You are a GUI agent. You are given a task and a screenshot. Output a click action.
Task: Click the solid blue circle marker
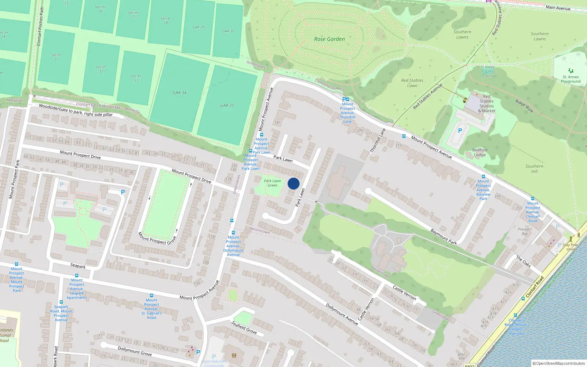pos(293,183)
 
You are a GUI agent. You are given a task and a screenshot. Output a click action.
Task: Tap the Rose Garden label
pos(329,39)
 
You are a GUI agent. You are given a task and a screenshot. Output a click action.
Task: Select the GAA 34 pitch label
pos(179,92)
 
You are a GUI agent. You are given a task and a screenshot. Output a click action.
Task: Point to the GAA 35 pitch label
pos(227,105)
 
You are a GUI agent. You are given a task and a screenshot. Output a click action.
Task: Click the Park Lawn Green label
pos(272,183)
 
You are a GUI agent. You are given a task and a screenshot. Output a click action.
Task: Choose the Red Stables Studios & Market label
pos(486,103)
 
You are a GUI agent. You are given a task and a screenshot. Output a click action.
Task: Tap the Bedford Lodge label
pos(480,152)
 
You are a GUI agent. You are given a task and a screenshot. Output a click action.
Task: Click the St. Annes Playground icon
pos(570,70)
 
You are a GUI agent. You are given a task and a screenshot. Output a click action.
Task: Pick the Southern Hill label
pos(534,168)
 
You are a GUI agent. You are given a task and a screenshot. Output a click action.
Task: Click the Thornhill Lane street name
pos(378,141)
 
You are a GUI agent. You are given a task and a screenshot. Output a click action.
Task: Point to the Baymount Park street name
pos(444,236)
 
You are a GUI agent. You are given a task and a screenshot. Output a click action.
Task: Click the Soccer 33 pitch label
pos(136,78)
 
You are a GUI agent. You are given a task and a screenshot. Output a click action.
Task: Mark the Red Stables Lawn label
pos(412,83)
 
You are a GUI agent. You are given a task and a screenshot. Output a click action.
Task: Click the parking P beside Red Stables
pos(460,131)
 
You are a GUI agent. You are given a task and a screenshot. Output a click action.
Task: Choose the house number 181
pos(277,123)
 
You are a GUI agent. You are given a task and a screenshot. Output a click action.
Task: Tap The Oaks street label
pos(524,261)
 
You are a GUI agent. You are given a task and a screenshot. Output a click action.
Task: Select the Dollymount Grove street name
pos(135,351)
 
